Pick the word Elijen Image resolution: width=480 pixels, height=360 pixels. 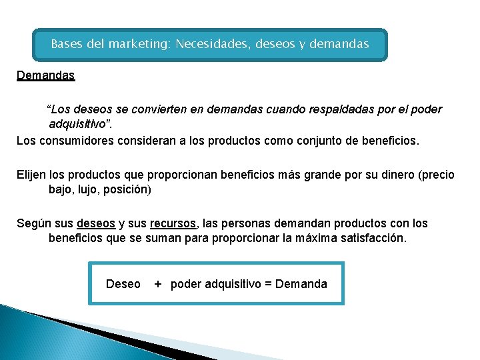[31, 175]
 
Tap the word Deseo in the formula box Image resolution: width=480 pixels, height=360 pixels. [123, 284]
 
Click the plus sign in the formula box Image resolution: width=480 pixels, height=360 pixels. [158, 284]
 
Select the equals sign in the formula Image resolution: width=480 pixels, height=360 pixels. [268, 284]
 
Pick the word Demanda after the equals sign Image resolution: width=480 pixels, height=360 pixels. [301, 284]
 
